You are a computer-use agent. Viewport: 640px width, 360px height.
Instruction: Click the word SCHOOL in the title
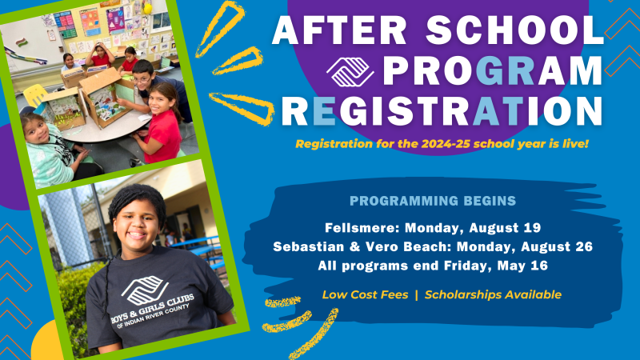coord(514,30)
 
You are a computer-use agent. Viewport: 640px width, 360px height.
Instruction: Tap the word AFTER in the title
coord(339,30)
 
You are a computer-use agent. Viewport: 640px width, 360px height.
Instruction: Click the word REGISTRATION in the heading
coord(442,110)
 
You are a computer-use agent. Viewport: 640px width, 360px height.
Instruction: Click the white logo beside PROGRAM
coord(350,72)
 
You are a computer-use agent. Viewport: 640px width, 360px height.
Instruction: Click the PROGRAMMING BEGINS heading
coord(433,201)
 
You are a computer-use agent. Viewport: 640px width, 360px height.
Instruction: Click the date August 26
coord(557,247)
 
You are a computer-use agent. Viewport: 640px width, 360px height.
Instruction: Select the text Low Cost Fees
coord(365,294)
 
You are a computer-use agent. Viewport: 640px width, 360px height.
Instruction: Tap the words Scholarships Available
coord(493,294)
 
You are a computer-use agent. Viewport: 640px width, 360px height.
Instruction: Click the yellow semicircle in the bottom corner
coord(47,340)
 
